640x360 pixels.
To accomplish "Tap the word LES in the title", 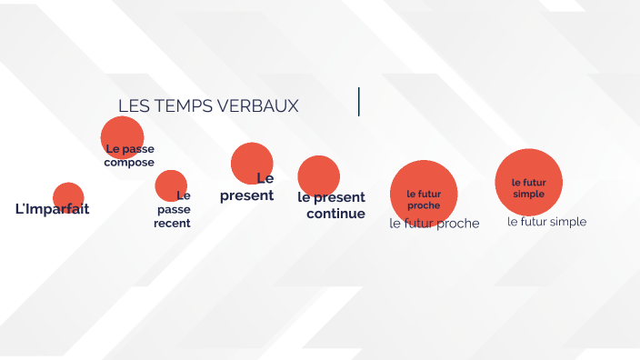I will click(x=133, y=106).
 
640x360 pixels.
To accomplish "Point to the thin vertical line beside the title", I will click(x=359, y=102).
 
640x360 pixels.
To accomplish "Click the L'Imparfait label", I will click(x=53, y=209).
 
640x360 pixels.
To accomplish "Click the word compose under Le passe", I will click(x=129, y=163).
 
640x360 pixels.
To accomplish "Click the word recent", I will click(x=172, y=224).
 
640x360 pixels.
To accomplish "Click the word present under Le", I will click(x=246, y=195).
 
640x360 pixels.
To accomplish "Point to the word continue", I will click(x=335, y=214).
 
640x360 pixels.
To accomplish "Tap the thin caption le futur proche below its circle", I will click(x=434, y=224).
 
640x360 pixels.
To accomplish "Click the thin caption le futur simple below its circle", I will click(x=546, y=222).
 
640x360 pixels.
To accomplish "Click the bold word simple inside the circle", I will click(x=528, y=194).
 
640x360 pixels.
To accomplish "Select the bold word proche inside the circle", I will click(x=424, y=205).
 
